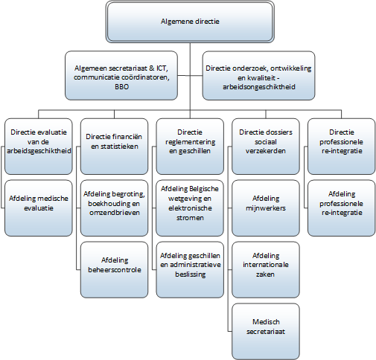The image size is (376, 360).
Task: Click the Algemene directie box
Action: [x=190, y=22]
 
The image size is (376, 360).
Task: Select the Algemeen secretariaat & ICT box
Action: [x=121, y=76]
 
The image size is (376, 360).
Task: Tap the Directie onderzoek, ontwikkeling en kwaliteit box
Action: [x=258, y=76]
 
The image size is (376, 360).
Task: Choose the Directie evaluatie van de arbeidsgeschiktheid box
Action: [x=39, y=147]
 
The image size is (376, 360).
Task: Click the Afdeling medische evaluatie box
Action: [x=39, y=208]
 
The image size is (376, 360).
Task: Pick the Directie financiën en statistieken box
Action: [x=114, y=147]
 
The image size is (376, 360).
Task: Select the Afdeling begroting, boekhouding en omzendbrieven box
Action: [x=114, y=208]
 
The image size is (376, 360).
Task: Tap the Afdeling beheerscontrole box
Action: [x=114, y=270]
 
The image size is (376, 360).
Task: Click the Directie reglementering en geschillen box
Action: [x=190, y=147]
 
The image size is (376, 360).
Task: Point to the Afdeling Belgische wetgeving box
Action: [x=190, y=208]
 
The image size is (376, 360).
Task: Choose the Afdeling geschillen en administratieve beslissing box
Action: [x=190, y=270]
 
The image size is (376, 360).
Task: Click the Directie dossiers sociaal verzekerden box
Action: [x=266, y=147]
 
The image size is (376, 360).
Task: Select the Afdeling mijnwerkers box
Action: [x=266, y=208]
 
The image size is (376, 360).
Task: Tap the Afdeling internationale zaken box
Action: [x=266, y=270]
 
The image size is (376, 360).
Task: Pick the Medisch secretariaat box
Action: [x=266, y=332]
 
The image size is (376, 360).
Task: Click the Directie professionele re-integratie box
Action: [x=342, y=147]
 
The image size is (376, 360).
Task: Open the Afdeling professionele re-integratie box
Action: [x=342, y=208]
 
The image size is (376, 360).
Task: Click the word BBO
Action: [x=121, y=87]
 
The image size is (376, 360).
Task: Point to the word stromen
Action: [x=190, y=218]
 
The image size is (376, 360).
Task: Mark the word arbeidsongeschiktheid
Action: [x=259, y=87]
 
